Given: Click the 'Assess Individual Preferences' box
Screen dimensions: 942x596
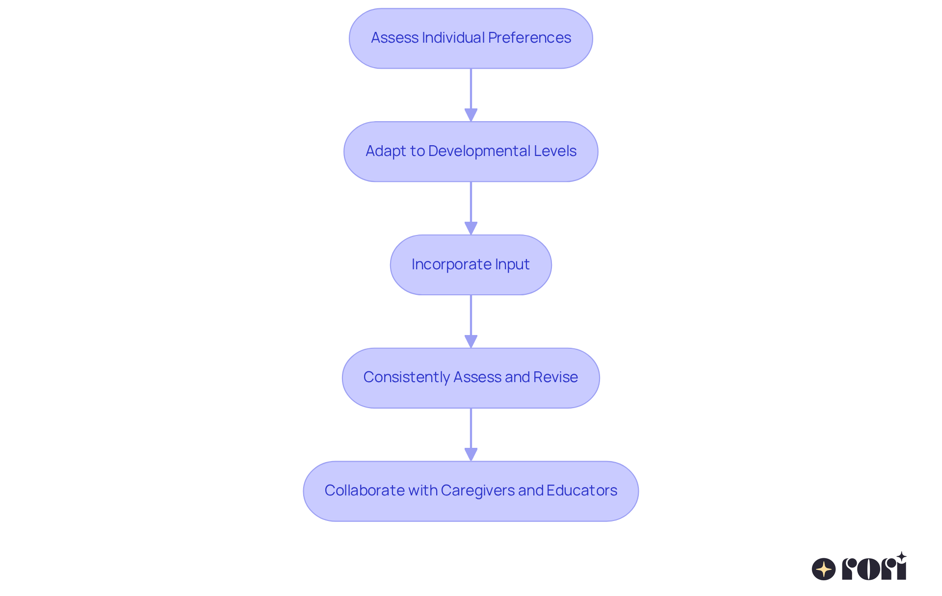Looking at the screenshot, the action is coord(471,38).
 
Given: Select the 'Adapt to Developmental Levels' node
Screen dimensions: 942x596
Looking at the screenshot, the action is coord(471,152).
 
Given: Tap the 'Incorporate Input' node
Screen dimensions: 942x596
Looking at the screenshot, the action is coord(471,265).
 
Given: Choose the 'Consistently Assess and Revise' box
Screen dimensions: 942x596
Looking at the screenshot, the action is coord(471,378).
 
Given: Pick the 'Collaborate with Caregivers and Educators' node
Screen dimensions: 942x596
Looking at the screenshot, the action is coord(471,491).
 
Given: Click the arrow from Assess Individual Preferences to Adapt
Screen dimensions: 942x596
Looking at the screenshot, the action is coord(471,95).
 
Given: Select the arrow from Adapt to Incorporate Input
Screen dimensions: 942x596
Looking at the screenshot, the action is coord(471,208).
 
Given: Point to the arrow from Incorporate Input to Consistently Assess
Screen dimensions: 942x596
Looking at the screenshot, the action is coord(471,322).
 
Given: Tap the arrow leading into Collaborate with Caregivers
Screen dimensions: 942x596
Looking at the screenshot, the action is coord(471,435).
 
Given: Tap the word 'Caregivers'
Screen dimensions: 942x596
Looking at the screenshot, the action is coord(477,491).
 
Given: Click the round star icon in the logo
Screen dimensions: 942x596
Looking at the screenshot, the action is coord(824,569).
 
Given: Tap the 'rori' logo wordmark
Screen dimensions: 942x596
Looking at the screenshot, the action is coord(874,567).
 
